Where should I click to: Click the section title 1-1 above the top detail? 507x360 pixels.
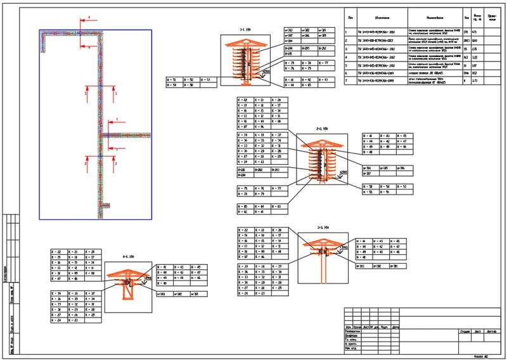[245, 29]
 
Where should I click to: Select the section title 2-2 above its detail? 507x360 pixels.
[322, 129]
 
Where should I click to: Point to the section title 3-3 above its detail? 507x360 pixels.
[324, 226]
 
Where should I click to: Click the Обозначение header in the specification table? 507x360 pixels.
[376, 17]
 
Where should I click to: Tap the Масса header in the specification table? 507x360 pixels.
[478, 17]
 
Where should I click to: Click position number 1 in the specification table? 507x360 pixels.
[346, 30]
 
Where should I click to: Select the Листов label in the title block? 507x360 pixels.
[494, 330]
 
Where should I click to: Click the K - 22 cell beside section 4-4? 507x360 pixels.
[55, 252]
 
